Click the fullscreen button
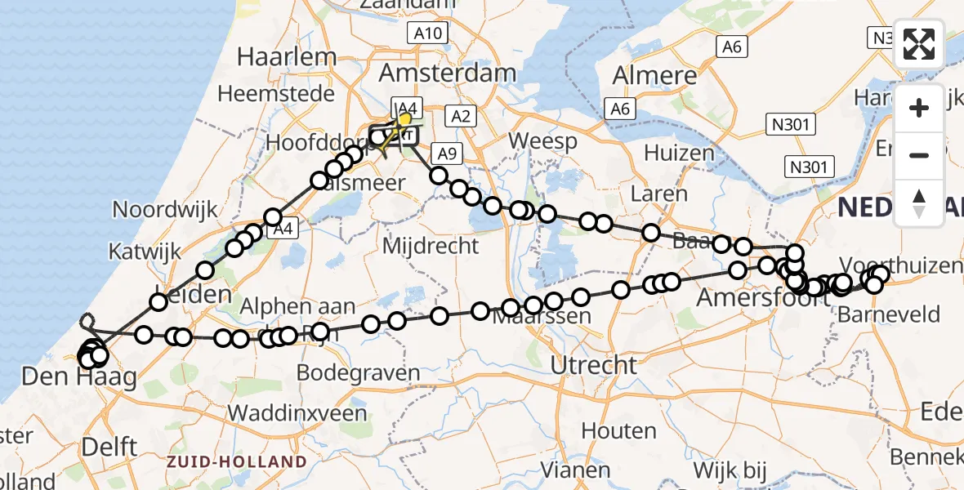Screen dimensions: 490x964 pyautogui.click(x=919, y=44)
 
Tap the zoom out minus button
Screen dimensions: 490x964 pyautogui.click(x=919, y=155)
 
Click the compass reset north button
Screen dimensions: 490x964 pyautogui.click(x=919, y=203)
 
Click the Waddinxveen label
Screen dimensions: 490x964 pyautogui.click(x=297, y=412)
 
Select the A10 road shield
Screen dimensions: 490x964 pyautogui.click(x=427, y=33)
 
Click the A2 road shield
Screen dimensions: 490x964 pyautogui.click(x=460, y=117)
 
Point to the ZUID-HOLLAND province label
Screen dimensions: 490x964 pyautogui.click(x=237, y=462)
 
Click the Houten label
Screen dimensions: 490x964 pyautogui.click(x=618, y=430)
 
